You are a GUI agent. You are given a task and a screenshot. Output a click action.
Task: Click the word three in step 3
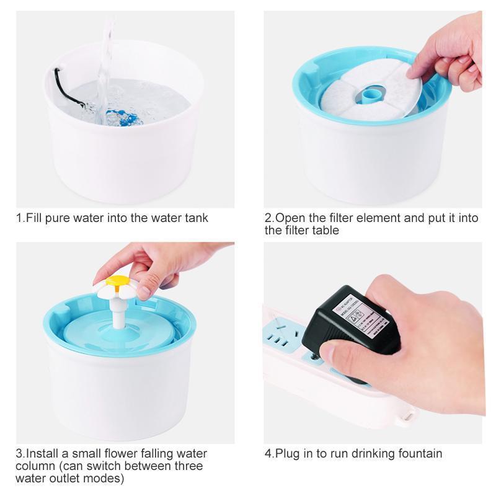point(187,466)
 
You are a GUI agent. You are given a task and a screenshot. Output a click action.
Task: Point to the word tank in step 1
point(196,218)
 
